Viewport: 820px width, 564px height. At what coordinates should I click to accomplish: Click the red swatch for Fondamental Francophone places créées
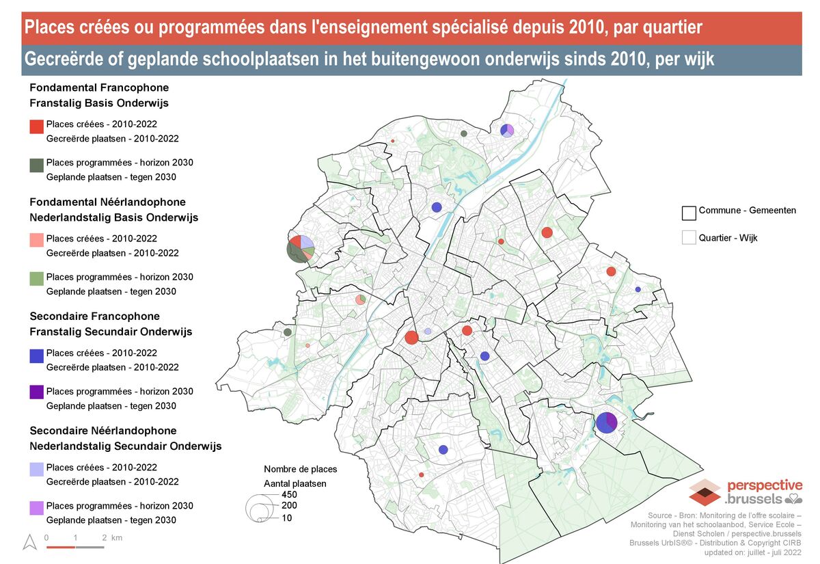[37, 126]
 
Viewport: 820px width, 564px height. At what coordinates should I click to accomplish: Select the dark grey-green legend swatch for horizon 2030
[37, 165]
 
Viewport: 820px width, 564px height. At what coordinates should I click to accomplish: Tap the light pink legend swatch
[37, 240]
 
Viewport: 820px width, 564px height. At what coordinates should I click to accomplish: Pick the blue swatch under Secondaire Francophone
[37, 355]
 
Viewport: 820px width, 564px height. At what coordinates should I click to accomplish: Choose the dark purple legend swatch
[37, 392]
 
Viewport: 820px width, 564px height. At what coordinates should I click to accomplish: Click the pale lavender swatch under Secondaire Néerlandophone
[37, 469]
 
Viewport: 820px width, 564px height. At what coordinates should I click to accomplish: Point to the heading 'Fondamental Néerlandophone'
[107, 202]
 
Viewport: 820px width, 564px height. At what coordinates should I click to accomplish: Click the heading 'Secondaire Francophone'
[95, 317]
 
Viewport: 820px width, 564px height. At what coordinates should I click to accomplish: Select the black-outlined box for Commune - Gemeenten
[689, 213]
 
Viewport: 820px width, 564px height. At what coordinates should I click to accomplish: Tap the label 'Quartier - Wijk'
[728, 239]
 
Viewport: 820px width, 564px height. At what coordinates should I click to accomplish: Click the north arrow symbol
[29, 542]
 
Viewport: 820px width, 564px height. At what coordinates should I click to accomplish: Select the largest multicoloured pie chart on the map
[300, 248]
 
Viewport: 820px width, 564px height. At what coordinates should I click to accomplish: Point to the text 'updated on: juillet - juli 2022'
[753, 552]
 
